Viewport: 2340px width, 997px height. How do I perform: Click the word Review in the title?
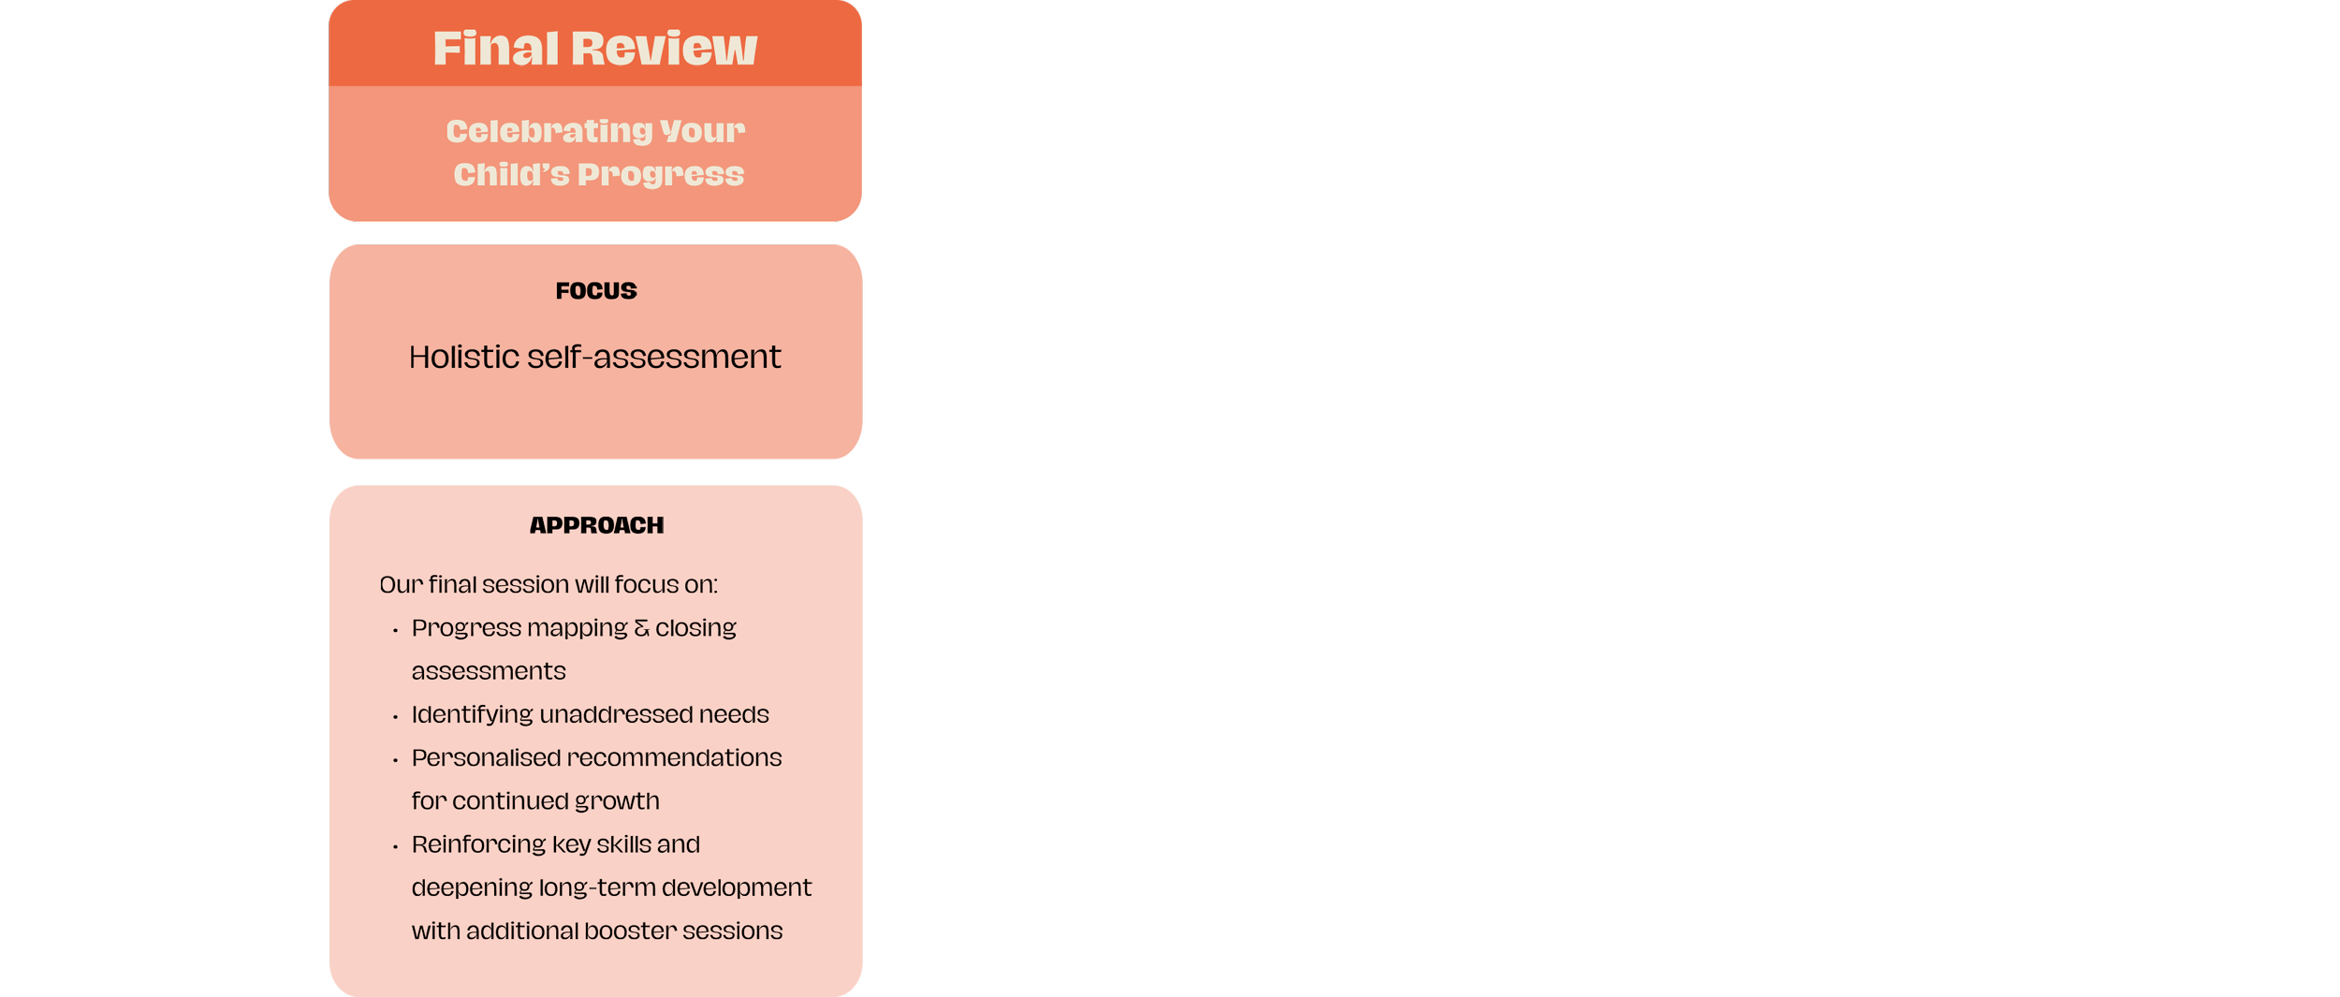[664, 49]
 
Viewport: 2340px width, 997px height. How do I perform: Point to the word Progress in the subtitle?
[661, 175]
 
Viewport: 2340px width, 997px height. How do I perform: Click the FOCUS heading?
[596, 291]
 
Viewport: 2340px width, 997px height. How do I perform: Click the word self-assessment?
[653, 357]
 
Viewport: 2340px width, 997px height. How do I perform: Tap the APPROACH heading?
[596, 525]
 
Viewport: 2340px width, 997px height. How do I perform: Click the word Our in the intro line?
[401, 585]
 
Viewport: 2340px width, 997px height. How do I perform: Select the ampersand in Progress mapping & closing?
[641, 628]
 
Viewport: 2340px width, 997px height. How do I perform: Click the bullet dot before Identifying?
[395, 717]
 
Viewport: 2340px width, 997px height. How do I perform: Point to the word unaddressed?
[615, 714]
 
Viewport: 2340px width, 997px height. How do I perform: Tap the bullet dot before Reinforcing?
[395, 847]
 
